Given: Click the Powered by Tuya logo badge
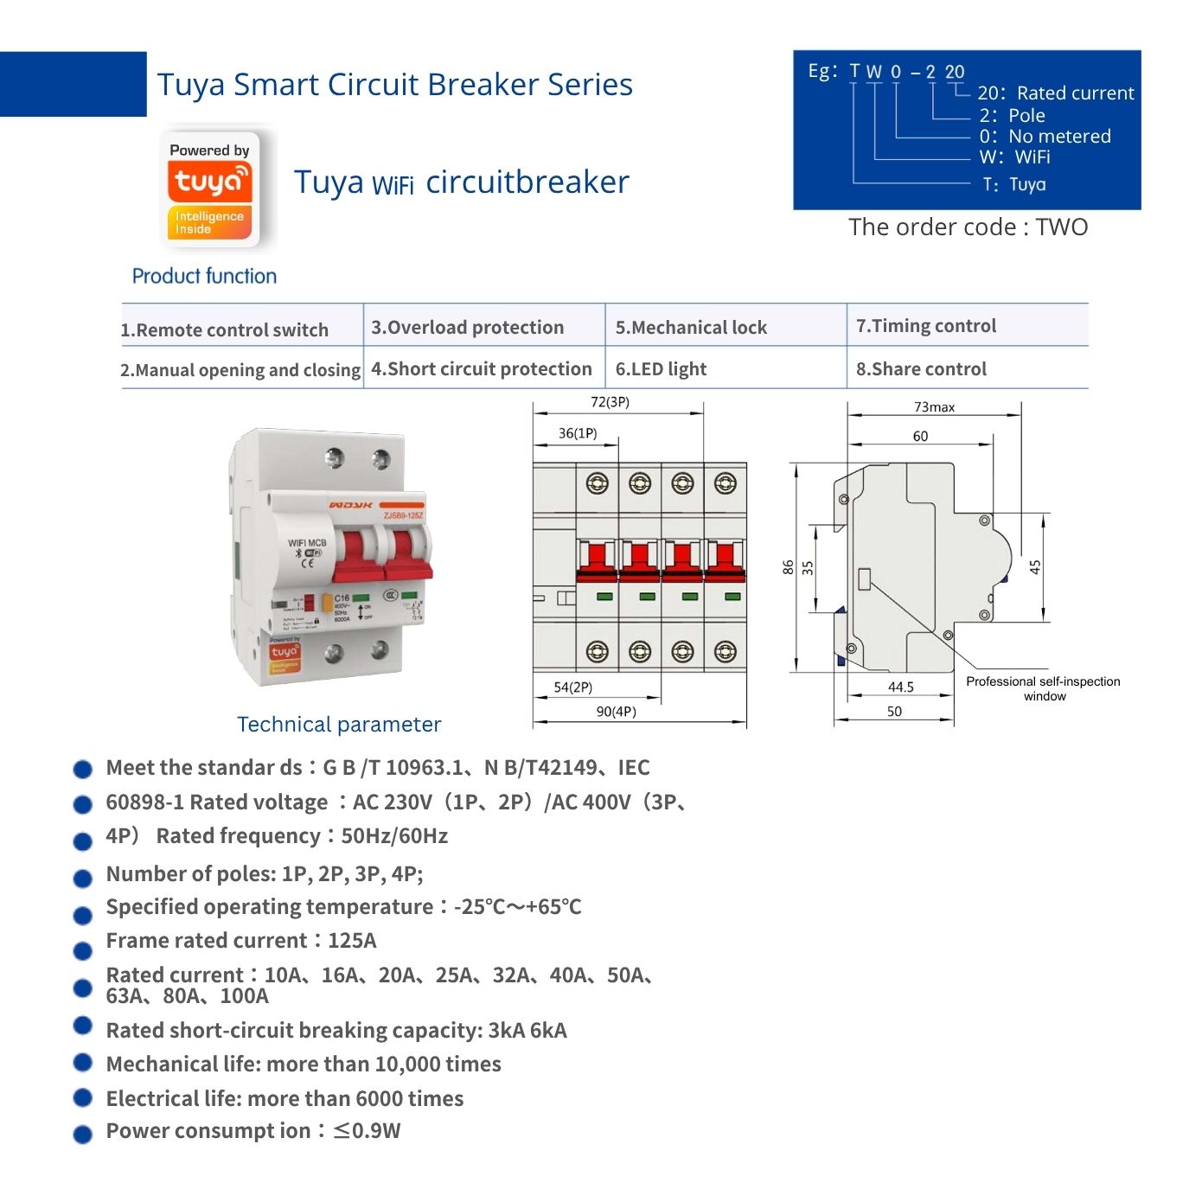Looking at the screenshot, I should click(x=210, y=189).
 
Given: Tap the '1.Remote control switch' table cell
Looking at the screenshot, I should click(x=225, y=329).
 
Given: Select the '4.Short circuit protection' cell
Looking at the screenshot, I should click(x=482, y=369).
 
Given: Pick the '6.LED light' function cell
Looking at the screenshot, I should click(x=661, y=369).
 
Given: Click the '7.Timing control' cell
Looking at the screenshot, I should click(x=926, y=326).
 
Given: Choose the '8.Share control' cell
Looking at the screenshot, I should click(x=921, y=369).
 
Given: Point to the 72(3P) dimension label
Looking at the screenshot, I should click(x=610, y=402).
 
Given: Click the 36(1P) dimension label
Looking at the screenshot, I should click(x=578, y=433).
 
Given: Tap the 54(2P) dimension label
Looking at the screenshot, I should click(x=573, y=687).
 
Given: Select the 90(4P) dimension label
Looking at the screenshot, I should click(x=616, y=712).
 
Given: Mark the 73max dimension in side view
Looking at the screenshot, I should click(x=934, y=407).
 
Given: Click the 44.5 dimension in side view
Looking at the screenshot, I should click(x=900, y=687).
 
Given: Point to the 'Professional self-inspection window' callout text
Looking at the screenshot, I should click(x=1043, y=688).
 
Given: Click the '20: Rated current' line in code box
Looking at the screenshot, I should click(x=1055, y=93).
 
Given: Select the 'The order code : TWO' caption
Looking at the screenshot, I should click(x=968, y=227).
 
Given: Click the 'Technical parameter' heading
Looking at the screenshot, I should click(x=339, y=725).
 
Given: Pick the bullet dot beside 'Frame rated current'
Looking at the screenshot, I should click(x=83, y=950).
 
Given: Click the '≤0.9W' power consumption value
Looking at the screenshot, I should click(x=367, y=1131).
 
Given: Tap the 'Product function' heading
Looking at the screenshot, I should click(x=204, y=276).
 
